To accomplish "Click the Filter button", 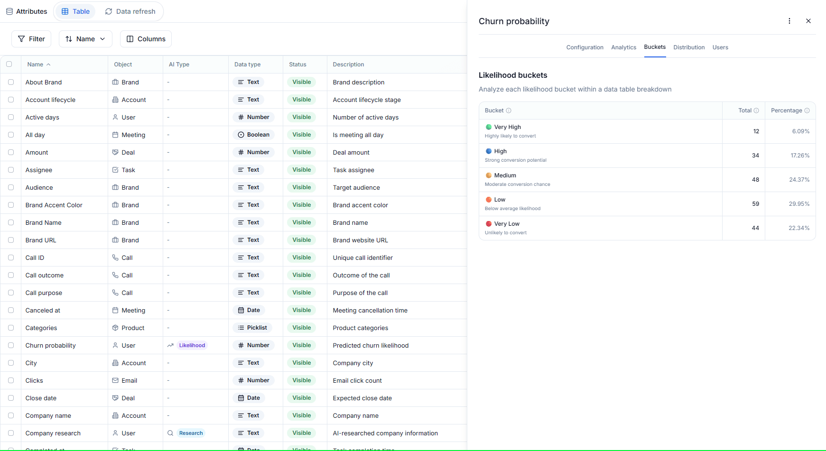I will [x=31, y=39].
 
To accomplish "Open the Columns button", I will [x=146, y=39].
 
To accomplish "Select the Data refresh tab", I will [x=130, y=11].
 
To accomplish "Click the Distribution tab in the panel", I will [x=689, y=47].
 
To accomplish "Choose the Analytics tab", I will [x=623, y=47].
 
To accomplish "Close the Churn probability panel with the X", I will [x=808, y=21].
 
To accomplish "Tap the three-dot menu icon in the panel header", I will [x=789, y=21].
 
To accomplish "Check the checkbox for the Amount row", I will [x=11, y=152].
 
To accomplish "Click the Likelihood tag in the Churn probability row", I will [x=192, y=345].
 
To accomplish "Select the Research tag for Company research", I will [x=191, y=433].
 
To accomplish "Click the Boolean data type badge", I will [x=253, y=135].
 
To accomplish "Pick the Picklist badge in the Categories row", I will [x=252, y=328].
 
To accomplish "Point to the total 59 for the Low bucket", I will [x=755, y=204].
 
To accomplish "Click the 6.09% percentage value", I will [x=800, y=131].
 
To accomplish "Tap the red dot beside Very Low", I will [x=489, y=224].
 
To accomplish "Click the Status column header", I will [x=297, y=64].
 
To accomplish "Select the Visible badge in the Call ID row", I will [x=301, y=258].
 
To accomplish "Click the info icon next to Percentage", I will [x=807, y=110].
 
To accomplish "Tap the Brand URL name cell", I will [x=41, y=240].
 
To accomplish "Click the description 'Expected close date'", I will [x=362, y=398].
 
